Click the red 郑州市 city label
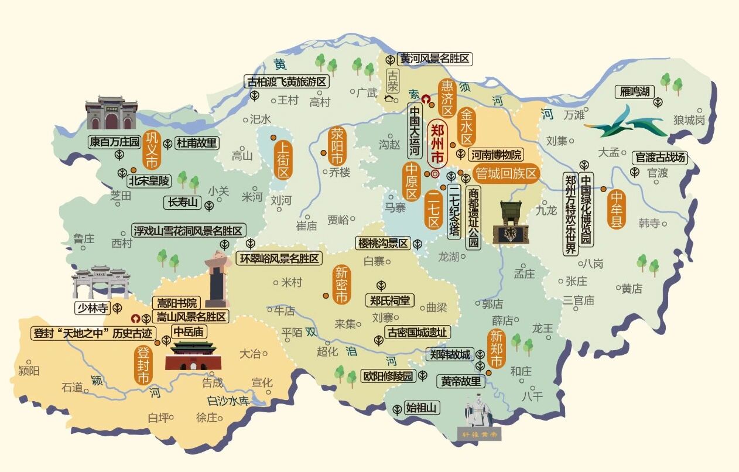437,143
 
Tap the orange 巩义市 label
151,150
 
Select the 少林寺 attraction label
91,307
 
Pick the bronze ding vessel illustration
506,223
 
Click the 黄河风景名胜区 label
434,59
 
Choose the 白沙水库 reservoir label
228,401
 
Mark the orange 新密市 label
341,285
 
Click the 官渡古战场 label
659,157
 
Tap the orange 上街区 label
284,159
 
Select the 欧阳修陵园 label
388,376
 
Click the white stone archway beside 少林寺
101,282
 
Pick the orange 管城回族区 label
506,173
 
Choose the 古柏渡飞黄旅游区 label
286,81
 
